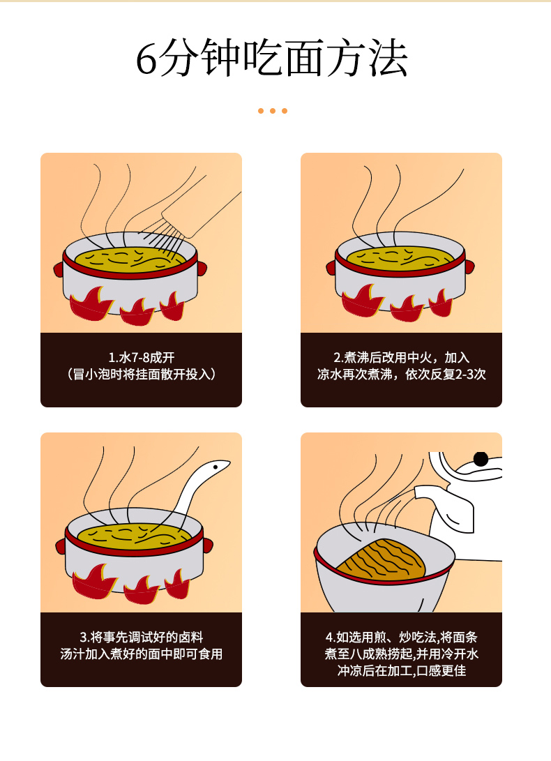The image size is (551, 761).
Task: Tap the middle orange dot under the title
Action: click(x=273, y=111)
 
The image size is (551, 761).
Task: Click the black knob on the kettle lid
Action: click(x=481, y=459)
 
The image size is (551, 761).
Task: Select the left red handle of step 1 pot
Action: click(x=59, y=269)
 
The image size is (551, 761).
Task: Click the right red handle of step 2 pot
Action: click(x=469, y=266)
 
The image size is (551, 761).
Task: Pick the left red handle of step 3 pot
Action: click(x=61, y=545)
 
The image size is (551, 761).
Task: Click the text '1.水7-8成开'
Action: click(x=141, y=357)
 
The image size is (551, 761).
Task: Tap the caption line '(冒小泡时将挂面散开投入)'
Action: click(x=141, y=375)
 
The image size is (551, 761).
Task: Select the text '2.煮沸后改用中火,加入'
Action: click(x=401, y=357)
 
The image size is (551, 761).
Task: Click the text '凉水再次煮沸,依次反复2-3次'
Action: click(x=401, y=375)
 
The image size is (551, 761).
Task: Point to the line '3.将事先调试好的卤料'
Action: click(x=141, y=637)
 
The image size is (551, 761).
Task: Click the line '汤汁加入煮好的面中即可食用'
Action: click(x=141, y=654)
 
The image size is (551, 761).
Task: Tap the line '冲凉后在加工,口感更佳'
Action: click(x=401, y=671)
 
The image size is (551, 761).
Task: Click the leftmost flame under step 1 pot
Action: click(x=90, y=306)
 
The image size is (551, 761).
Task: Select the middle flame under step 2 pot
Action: click(x=406, y=307)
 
